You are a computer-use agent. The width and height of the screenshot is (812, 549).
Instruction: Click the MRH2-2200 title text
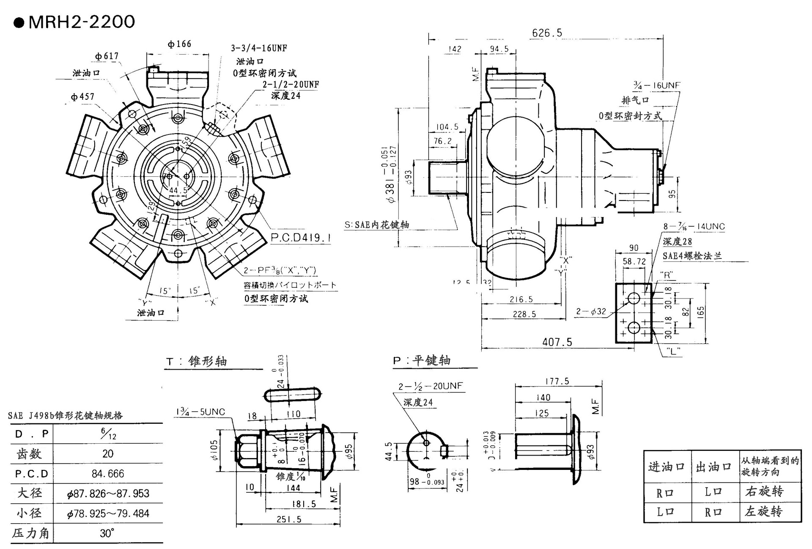point(81,22)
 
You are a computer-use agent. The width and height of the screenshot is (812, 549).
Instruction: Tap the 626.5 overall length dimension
point(547,33)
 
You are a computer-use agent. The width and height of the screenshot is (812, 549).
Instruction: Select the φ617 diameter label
point(107,56)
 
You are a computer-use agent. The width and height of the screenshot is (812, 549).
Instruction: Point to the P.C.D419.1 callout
point(300,238)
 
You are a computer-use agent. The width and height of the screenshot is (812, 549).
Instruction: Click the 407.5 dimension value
point(557,342)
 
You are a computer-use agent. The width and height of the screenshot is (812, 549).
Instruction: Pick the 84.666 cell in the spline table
point(108,473)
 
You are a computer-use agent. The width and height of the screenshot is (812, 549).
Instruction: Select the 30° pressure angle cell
point(107,533)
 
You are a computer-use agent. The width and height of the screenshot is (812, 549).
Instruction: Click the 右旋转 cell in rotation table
point(764,491)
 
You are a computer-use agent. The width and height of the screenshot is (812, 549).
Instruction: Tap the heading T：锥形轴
point(197,361)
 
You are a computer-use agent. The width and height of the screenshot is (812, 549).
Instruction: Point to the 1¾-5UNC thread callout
point(200,412)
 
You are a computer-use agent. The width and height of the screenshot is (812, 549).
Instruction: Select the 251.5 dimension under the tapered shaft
point(289,519)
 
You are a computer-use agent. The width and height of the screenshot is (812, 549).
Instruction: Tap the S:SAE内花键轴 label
point(377,225)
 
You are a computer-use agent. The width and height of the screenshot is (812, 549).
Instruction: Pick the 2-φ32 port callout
point(591,312)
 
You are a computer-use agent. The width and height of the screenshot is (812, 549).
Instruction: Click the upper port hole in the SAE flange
point(634,298)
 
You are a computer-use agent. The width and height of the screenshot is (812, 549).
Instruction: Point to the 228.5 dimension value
point(524,314)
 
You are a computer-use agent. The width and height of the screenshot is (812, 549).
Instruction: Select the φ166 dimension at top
point(179,44)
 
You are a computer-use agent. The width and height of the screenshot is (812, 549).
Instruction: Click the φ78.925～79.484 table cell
point(108,513)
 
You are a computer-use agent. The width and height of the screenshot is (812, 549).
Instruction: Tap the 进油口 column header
point(667,467)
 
